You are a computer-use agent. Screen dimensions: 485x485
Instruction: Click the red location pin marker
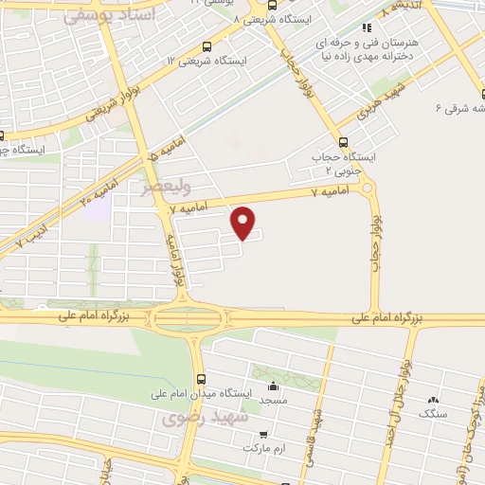coord(244,222)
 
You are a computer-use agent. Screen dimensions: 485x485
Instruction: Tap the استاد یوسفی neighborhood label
coord(105,16)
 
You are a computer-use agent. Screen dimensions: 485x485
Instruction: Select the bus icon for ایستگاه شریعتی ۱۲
coord(207,45)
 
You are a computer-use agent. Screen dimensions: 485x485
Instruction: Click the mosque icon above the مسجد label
coord(274,386)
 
